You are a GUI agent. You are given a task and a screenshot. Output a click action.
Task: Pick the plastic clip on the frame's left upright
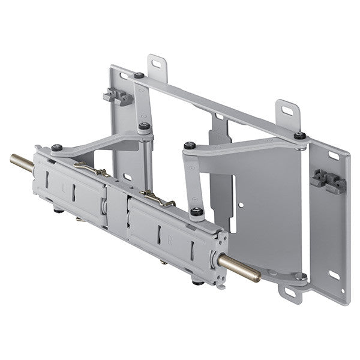117,96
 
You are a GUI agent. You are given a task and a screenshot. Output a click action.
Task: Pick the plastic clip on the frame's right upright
327,180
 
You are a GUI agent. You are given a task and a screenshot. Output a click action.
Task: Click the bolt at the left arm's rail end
56,147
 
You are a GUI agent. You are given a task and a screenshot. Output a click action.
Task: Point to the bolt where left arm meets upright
144,126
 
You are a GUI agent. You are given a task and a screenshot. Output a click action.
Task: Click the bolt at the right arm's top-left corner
190,145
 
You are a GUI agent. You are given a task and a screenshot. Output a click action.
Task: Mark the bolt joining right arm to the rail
196,211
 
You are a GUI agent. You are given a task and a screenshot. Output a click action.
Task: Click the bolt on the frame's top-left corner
139,76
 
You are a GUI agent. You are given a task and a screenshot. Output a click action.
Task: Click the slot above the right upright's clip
334,155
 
